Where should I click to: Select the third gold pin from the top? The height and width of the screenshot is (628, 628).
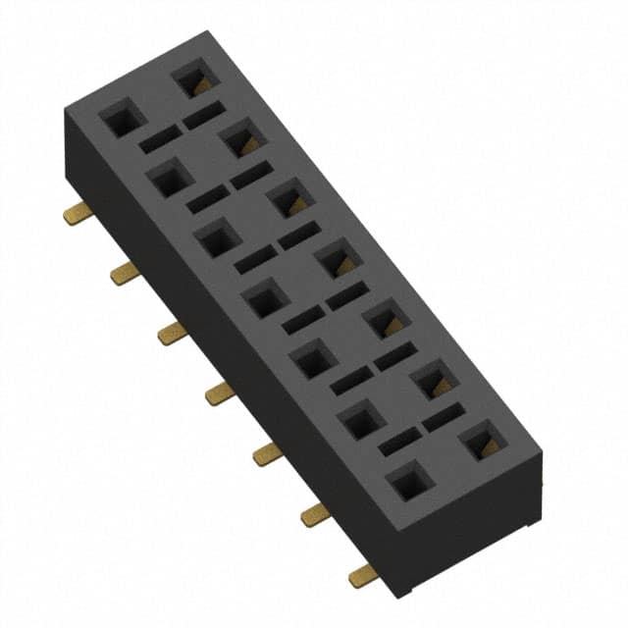tap(172, 334)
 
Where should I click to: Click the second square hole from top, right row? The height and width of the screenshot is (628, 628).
tap(241, 141)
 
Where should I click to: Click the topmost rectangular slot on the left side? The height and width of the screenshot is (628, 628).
tap(160, 140)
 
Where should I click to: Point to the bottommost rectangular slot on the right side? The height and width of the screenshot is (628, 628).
tap(445, 418)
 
